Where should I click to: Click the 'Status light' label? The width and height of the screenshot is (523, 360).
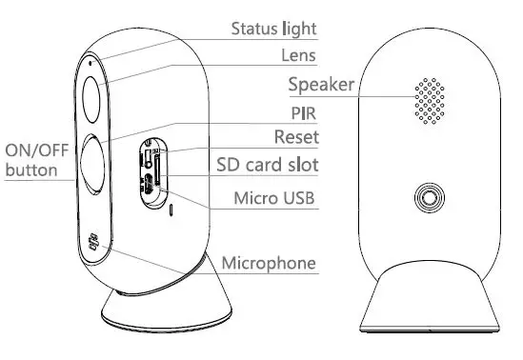click(x=274, y=29)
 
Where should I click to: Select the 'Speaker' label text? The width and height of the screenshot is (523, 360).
click(x=321, y=86)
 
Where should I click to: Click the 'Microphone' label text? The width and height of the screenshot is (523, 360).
click(x=269, y=261)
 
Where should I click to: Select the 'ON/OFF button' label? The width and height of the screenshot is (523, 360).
click(x=33, y=160)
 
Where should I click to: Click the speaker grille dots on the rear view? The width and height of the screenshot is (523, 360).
click(x=429, y=97)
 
